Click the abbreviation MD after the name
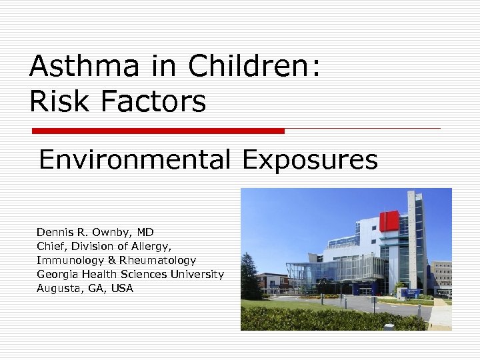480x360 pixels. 146,233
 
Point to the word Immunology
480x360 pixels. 67,261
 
